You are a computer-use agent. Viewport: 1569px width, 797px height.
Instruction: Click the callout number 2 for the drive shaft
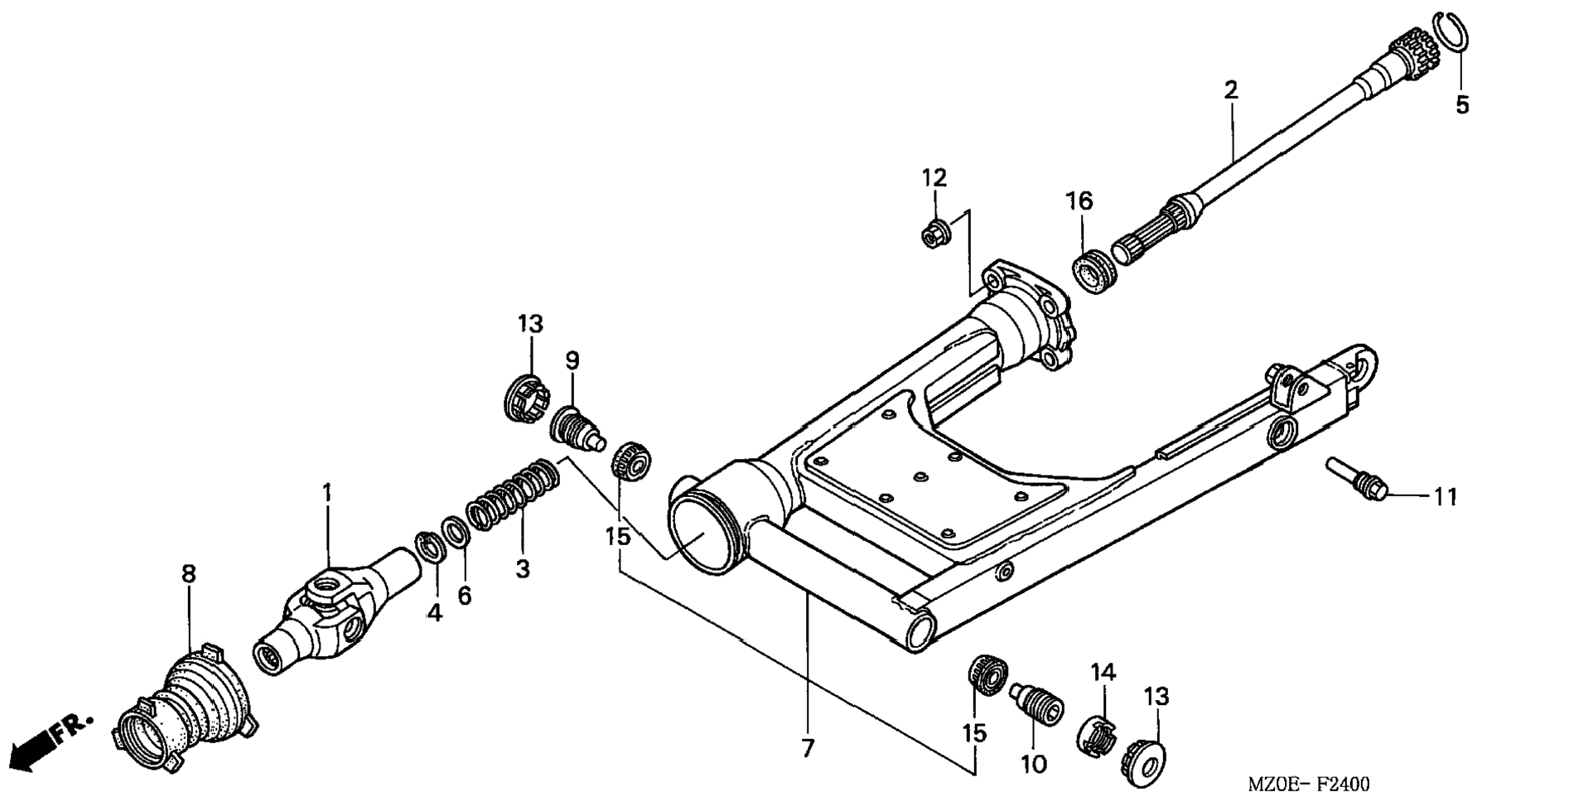click(x=1231, y=89)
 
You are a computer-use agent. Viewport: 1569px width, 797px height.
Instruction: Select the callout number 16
click(x=1079, y=200)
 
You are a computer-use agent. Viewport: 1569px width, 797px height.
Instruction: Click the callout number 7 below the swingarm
click(x=807, y=748)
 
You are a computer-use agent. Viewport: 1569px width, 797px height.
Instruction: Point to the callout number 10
click(x=1034, y=763)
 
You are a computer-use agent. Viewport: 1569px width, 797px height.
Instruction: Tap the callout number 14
click(x=1103, y=672)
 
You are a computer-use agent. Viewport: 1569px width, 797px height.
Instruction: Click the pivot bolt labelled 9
click(x=577, y=426)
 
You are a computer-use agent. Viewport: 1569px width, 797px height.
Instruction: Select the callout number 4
click(x=434, y=612)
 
